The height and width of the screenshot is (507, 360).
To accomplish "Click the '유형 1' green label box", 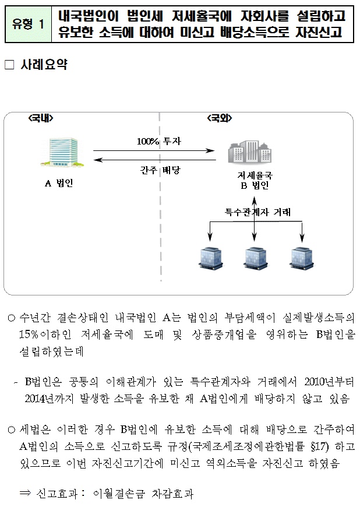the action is (28, 24).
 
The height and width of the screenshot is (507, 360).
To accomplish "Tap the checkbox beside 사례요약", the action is (9, 65).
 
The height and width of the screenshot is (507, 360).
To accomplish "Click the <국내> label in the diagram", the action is (41, 118).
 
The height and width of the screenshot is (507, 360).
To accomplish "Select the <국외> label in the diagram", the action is (220, 118).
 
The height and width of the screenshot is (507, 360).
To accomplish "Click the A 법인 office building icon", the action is (63, 152).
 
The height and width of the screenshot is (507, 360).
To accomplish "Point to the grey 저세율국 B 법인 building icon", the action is (249, 152).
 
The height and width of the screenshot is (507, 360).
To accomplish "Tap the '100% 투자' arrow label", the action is (158, 141).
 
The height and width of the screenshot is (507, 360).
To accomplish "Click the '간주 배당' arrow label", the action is (160, 170).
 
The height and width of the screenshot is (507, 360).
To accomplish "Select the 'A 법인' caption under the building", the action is (59, 183).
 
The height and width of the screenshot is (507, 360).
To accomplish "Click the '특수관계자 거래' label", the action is (257, 212).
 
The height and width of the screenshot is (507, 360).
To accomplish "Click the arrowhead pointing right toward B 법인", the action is (211, 150).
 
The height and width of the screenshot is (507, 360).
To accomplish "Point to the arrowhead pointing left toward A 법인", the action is (98, 160).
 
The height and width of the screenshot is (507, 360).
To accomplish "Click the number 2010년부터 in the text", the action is (329, 382).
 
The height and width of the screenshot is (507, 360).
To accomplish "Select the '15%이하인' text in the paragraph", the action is (45, 335).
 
